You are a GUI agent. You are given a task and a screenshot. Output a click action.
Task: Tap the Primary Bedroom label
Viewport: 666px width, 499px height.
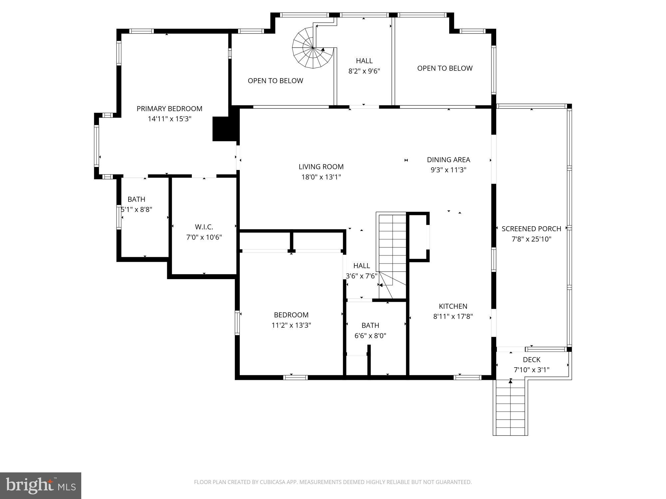click(169, 109)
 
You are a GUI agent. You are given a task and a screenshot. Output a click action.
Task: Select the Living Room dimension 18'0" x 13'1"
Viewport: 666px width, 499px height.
click(321, 177)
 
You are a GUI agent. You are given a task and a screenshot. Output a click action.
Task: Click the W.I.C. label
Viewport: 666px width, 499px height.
click(204, 227)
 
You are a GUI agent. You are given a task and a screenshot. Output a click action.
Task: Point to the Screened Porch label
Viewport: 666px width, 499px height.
click(531, 229)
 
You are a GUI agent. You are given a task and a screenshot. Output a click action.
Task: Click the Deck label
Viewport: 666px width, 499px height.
click(531, 360)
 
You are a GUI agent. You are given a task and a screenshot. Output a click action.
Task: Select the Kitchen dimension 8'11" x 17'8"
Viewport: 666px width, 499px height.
click(453, 316)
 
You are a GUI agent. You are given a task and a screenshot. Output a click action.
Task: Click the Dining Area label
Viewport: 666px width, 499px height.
click(448, 160)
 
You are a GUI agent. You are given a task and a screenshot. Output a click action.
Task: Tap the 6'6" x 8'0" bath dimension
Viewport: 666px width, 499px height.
click(370, 336)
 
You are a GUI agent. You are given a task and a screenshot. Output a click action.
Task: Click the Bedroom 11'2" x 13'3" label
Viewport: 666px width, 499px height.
click(291, 315)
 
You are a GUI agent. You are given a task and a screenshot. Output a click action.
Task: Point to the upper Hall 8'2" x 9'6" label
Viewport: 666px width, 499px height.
click(364, 61)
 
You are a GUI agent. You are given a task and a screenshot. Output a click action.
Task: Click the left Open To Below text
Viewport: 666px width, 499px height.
click(275, 81)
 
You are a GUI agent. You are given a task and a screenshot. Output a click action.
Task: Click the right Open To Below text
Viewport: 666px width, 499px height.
click(445, 68)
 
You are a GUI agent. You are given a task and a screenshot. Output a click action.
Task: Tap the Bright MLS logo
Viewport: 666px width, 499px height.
click(41, 486)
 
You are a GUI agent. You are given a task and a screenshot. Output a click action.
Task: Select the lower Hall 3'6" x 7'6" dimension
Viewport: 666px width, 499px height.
click(362, 276)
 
